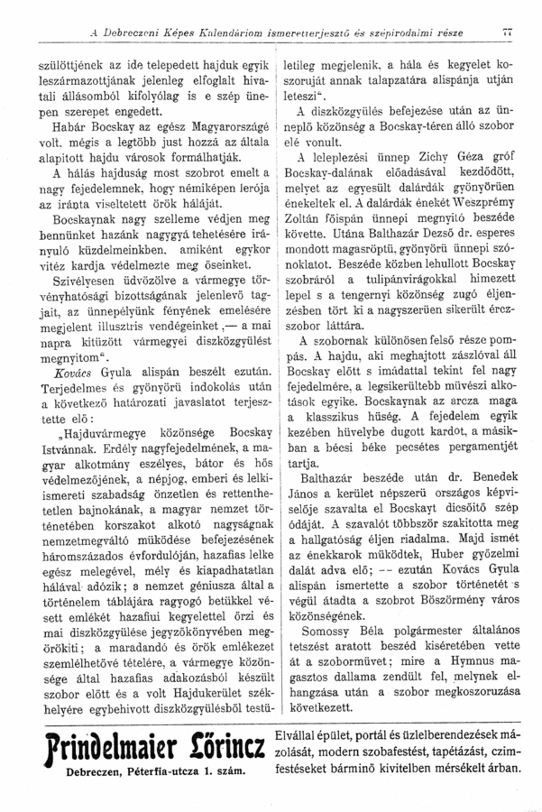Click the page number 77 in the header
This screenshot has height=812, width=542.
coord(519,34)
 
